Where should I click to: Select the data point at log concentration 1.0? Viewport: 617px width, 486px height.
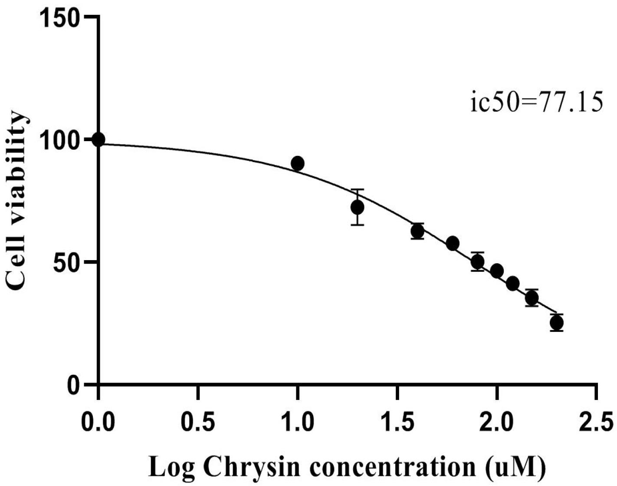coord(298,164)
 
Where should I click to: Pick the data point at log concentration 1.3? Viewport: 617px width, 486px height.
coord(358,207)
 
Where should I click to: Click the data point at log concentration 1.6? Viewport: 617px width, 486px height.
coord(417,231)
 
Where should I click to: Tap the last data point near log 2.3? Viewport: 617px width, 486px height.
coord(557,323)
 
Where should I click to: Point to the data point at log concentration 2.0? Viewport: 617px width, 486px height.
coord(497,271)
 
